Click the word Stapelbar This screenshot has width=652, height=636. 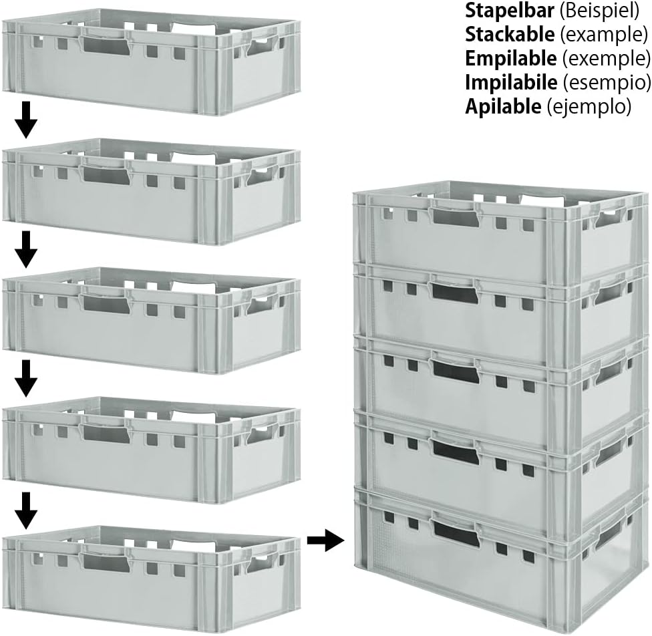tap(509, 11)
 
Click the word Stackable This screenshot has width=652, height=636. tap(509, 35)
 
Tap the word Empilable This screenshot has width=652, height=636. tap(510, 59)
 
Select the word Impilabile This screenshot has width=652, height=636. tap(511, 82)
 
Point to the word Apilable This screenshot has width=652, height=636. tap(503, 106)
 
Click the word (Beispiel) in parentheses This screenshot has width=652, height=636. tap(599, 11)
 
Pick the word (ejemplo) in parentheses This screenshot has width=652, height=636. tap(589, 107)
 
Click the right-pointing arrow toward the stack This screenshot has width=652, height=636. tap(326, 540)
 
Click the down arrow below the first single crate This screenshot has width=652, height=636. tap(26, 120)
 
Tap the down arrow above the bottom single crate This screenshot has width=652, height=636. tap(26, 510)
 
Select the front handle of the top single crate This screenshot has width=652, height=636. tap(106, 43)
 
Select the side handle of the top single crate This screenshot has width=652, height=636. tap(261, 47)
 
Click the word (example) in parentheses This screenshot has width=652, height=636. tap(603, 35)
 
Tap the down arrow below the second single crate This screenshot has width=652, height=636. tap(26, 249)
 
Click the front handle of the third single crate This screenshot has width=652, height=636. tap(106, 303)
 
